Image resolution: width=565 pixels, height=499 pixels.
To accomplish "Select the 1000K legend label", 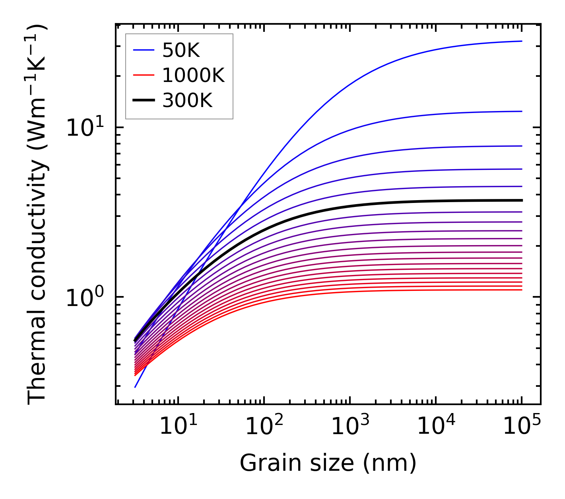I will click(x=194, y=75).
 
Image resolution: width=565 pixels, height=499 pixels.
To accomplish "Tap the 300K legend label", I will click(x=187, y=101).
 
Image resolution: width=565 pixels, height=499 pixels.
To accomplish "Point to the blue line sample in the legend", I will click(x=143, y=50).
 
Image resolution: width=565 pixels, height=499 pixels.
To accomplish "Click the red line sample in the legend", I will click(x=143, y=75).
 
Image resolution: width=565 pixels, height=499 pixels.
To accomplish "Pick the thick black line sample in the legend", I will click(x=143, y=101).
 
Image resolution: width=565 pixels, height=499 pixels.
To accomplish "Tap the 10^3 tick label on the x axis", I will click(x=349, y=427).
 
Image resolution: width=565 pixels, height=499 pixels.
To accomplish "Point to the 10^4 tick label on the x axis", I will click(x=436, y=427).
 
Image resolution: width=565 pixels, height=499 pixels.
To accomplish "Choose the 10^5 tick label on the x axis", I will click(x=522, y=427).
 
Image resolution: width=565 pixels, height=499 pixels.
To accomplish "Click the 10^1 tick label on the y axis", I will click(x=84, y=128).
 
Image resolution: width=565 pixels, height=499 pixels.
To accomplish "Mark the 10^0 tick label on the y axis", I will click(x=84, y=298).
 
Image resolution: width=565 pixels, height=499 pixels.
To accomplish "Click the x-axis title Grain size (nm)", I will click(x=328, y=463).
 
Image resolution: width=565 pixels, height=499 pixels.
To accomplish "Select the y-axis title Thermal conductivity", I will click(x=37, y=215).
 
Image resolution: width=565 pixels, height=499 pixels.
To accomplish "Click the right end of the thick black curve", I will click(x=521, y=200).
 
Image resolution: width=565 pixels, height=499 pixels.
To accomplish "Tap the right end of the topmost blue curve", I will click(x=521, y=41).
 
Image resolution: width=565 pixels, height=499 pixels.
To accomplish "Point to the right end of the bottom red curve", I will click(x=521, y=290).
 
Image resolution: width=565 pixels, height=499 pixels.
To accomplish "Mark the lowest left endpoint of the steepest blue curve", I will click(x=135, y=387).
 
